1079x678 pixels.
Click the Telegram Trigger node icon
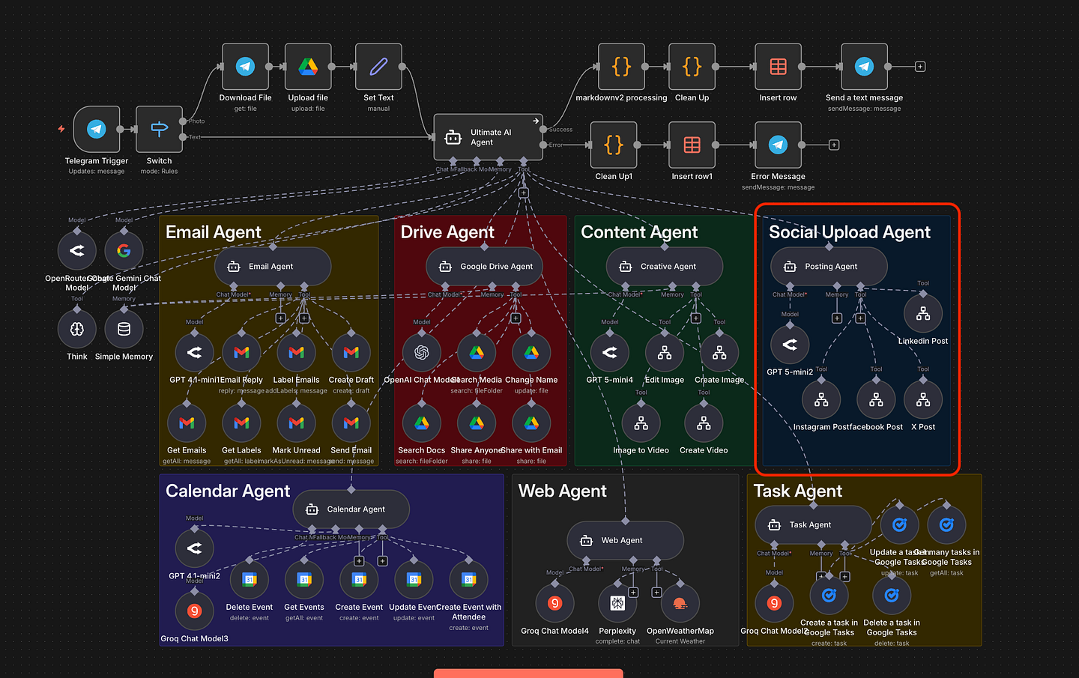97,130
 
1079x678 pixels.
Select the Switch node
159,130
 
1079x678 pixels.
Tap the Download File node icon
245,67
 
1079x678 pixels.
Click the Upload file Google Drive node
308,67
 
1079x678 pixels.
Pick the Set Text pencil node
378,67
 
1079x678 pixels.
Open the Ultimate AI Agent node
488,137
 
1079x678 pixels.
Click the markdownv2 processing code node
621,67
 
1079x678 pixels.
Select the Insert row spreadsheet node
778,67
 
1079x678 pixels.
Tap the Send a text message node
864,67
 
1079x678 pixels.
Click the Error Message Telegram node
778,145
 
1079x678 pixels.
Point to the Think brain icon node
77,329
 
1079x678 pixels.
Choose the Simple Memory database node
124,329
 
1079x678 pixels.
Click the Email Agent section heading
214,232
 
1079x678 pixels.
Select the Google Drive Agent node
484,267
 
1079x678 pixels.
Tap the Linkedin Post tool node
923,314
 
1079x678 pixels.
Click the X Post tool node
923,400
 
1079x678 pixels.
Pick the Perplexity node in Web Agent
617,603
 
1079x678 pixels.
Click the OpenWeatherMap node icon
680,603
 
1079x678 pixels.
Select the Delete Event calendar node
250,579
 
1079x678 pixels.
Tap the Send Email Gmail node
351,423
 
